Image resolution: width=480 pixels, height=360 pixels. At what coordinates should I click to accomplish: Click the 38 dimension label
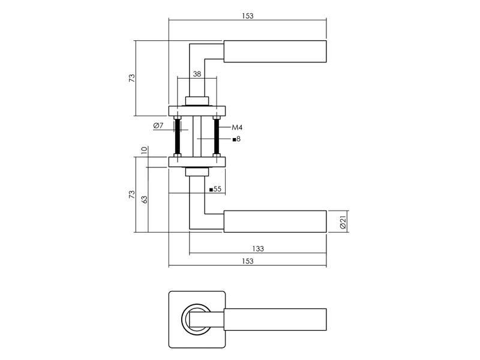point(197,74)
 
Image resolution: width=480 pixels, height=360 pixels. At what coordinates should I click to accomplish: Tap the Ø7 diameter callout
point(158,125)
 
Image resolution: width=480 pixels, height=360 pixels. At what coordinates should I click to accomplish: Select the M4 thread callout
point(237,127)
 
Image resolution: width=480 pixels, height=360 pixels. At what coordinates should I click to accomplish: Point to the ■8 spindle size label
point(236,139)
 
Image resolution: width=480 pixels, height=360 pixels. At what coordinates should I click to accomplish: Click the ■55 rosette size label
point(215,189)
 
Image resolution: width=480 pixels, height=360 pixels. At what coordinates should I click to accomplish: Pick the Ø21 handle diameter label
point(343,222)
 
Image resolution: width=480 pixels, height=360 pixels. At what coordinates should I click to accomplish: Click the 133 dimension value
point(258,248)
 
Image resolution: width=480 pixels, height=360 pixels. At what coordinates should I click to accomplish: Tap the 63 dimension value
point(145,199)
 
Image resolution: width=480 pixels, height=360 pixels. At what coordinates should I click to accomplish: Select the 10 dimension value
point(145,151)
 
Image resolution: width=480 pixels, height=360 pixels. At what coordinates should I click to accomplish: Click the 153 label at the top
point(248,16)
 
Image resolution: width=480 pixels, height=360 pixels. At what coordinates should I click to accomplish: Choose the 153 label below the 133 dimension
point(248,261)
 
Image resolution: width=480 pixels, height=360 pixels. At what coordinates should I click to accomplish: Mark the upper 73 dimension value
point(131,78)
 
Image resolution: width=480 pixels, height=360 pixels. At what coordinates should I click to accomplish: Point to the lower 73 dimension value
point(131,194)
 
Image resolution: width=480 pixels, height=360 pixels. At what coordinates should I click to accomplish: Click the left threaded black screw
point(177,136)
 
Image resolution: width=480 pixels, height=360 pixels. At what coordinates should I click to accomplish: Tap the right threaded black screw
point(217,136)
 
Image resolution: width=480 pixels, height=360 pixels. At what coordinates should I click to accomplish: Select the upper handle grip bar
point(275,51)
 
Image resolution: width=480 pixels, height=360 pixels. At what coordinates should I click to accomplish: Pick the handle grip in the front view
point(275,319)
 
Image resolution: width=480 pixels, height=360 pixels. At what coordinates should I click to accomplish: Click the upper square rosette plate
point(197,111)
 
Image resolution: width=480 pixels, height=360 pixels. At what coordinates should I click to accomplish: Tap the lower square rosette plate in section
point(197,162)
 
